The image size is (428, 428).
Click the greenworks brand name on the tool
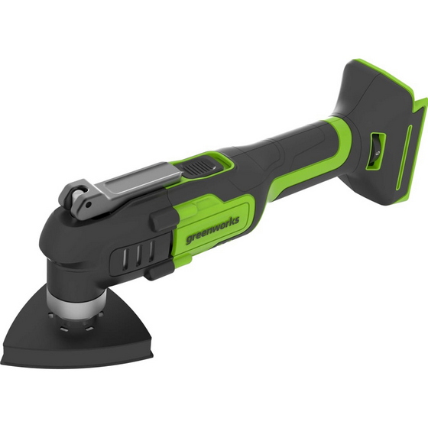[212, 230]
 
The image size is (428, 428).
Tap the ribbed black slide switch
[200, 167]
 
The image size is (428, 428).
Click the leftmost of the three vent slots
[125, 260]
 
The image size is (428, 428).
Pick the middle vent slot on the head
[139, 256]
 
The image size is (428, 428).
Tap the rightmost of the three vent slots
[151, 251]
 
